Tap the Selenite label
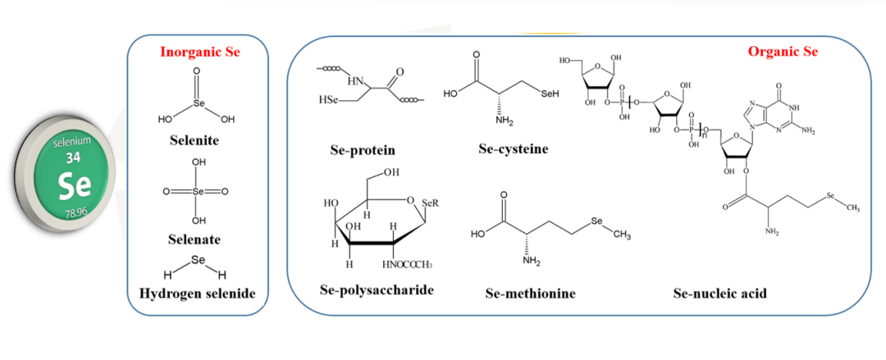[x=196, y=140]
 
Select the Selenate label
[x=196, y=239]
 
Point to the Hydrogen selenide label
[x=196, y=294]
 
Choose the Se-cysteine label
[x=513, y=149]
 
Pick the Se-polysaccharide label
[x=377, y=290]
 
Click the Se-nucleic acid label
[x=719, y=293]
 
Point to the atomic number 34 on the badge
[x=73, y=156]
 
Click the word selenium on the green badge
[x=72, y=142]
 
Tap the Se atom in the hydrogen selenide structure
[x=196, y=260]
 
